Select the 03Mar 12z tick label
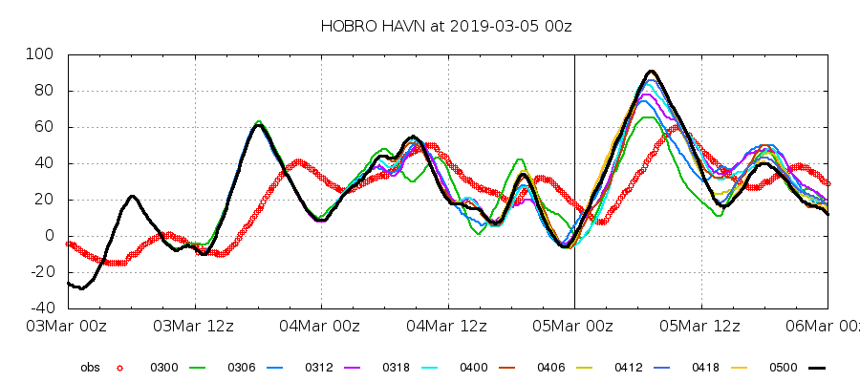click(x=195, y=327)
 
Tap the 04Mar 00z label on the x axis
click(x=321, y=327)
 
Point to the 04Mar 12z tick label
click(x=448, y=327)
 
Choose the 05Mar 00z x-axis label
click(x=574, y=327)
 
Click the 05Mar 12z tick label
click(x=700, y=327)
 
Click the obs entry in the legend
click(x=89, y=367)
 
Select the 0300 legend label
click(x=163, y=367)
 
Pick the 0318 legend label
click(x=396, y=367)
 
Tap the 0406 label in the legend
click(x=550, y=367)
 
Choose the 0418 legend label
click(x=705, y=367)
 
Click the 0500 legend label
click(x=783, y=367)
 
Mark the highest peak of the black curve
click(x=651, y=71)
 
